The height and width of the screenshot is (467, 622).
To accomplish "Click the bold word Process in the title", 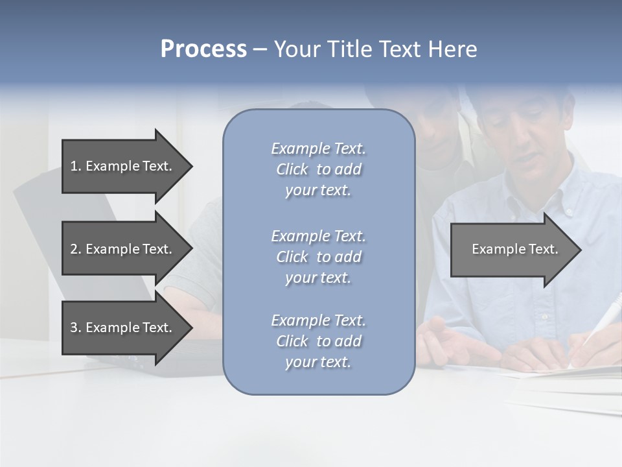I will point(203,49).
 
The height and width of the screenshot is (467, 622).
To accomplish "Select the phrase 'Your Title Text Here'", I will point(375,49).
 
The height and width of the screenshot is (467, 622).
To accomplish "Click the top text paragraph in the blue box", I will point(318,169).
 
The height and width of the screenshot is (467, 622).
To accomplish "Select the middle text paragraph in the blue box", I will point(318,257).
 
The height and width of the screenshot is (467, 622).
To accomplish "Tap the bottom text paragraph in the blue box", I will point(318,341).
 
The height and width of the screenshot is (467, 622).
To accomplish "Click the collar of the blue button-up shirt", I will point(557,195).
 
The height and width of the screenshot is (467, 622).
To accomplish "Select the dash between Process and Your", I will point(260,49).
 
